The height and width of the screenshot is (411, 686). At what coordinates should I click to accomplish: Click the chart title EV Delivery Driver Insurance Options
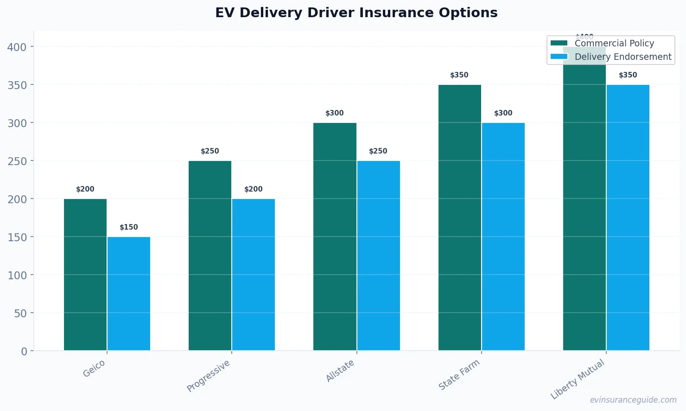click(356, 13)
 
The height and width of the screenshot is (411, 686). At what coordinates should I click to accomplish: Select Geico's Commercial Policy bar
click(85, 275)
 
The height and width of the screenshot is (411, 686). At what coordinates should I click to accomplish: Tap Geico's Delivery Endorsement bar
click(129, 294)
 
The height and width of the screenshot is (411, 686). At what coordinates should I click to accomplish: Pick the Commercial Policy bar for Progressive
click(210, 256)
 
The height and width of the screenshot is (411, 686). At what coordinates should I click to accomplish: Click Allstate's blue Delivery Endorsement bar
click(378, 256)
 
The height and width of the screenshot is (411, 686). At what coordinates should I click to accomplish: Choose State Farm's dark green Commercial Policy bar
click(459, 218)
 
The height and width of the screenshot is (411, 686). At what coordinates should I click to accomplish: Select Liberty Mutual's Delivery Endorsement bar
click(628, 218)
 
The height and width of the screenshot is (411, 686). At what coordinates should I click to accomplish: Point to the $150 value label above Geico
click(129, 227)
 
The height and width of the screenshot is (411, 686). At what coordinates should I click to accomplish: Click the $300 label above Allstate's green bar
click(335, 113)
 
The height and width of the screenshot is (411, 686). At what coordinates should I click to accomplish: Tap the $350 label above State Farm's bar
click(459, 75)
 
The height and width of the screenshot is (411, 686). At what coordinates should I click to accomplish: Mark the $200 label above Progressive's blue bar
click(254, 189)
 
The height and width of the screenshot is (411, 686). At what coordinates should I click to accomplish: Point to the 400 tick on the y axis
click(17, 47)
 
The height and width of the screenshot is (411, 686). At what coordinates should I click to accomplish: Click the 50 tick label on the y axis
click(20, 313)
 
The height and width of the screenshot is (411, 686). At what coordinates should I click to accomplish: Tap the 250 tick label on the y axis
click(17, 161)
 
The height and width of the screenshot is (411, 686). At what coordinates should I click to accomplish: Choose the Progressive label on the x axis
click(209, 376)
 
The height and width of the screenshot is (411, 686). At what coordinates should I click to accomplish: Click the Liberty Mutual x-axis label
click(578, 379)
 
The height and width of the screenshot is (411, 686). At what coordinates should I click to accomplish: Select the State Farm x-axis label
click(459, 375)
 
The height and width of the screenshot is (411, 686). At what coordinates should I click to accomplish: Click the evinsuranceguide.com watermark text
click(633, 400)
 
